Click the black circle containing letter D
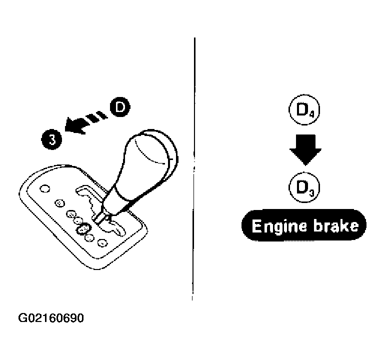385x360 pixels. click(120, 107)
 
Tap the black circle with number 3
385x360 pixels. click(51, 139)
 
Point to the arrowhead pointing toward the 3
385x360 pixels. click(76, 125)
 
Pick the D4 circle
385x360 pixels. click(304, 110)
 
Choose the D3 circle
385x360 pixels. click(304, 187)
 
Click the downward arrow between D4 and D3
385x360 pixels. click(305, 149)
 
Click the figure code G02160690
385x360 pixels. click(51, 318)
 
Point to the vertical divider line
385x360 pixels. click(194, 169)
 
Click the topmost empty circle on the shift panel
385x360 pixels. click(44, 189)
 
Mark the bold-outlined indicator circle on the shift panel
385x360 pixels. click(83, 229)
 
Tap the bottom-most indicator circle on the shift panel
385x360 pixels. click(102, 243)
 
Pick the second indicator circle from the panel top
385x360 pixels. click(59, 203)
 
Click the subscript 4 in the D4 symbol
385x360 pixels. click(311, 114)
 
